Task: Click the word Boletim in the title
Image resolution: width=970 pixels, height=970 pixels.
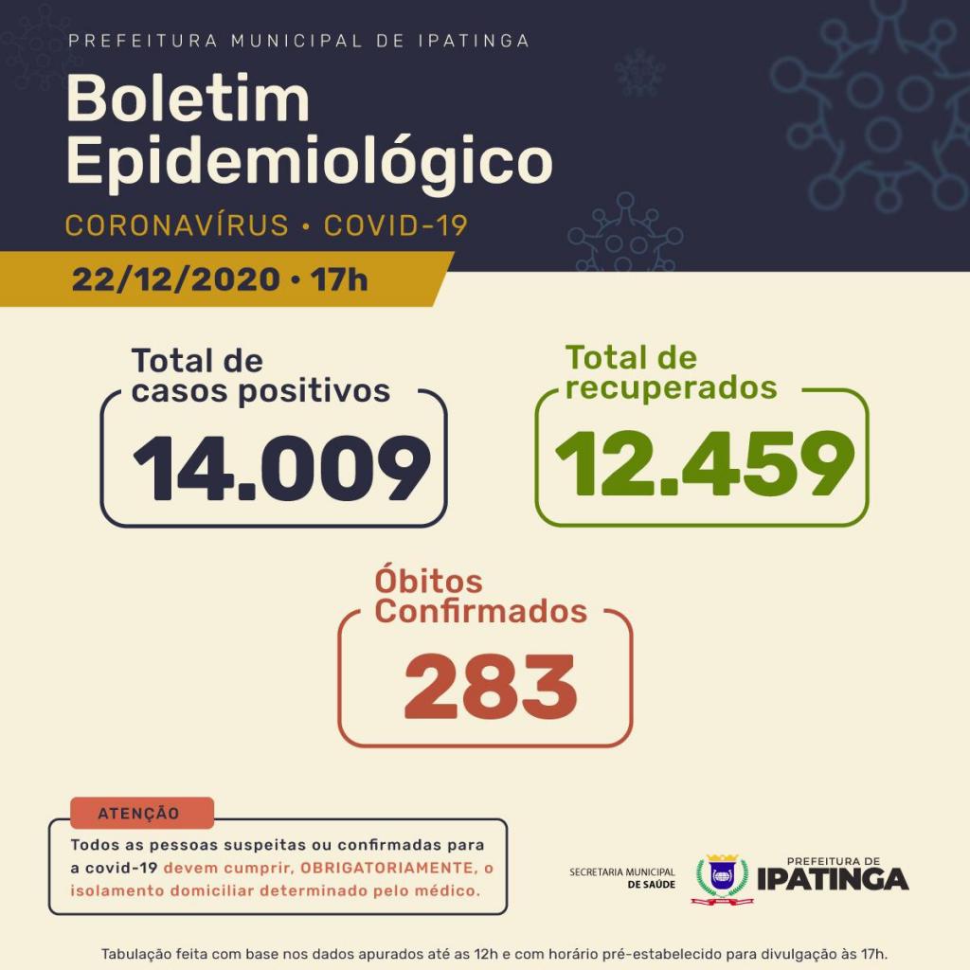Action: [x=188, y=99]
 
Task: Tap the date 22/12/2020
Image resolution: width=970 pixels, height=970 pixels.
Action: [x=175, y=279]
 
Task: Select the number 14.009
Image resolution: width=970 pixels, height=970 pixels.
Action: [x=280, y=468]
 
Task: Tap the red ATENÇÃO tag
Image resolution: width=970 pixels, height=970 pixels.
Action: [x=140, y=813]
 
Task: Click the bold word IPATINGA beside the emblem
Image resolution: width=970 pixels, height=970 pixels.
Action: [x=833, y=880]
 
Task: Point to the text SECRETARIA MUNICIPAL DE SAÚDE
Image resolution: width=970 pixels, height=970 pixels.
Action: [x=621, y=877]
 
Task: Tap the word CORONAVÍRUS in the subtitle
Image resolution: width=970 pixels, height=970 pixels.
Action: [x=176, y=225]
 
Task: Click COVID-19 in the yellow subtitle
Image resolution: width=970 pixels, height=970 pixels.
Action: [x=395, y=225]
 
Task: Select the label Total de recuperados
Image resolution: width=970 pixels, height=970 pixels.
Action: [x=671, y=372]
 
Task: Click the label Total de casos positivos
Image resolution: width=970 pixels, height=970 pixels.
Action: [x=260, y=376]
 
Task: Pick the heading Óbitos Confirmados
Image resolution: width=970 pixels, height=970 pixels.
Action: [x=480, y=596]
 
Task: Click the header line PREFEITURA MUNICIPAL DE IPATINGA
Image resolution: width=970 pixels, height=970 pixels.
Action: [x=299, y=41]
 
